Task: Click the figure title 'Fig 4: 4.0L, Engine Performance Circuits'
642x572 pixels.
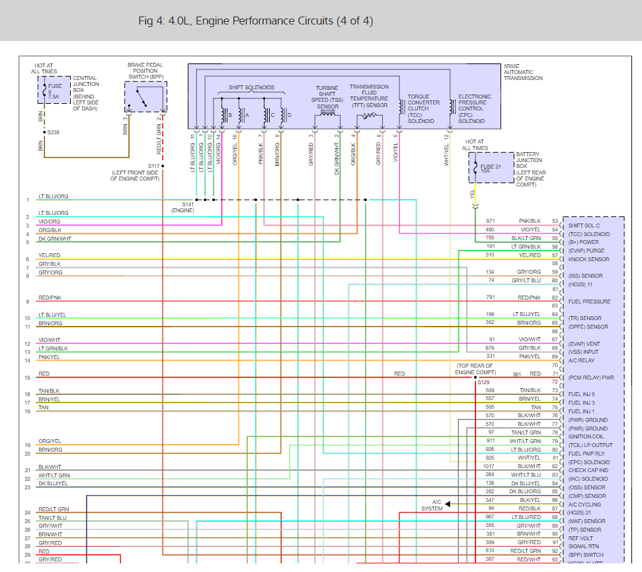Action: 255,21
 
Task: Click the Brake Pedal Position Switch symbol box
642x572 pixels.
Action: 145,97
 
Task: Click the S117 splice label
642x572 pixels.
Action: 153,166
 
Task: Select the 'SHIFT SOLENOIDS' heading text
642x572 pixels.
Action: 251,87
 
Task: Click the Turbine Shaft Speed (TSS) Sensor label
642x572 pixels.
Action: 327,97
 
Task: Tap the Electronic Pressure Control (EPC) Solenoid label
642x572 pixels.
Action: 475,109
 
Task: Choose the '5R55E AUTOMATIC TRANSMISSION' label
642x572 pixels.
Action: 522,73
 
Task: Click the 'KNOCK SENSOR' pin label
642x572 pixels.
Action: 588,259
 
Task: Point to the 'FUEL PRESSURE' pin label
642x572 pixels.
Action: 589,302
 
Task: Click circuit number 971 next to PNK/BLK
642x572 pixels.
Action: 490,221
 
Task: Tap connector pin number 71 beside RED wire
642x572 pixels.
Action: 555,374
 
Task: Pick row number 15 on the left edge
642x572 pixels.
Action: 28,378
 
